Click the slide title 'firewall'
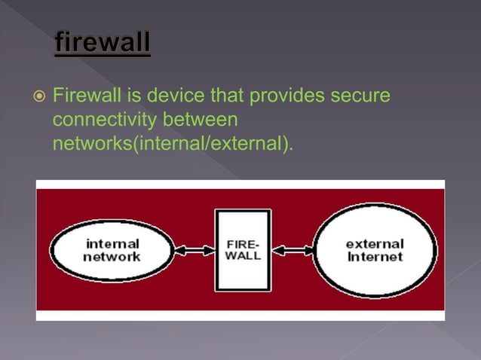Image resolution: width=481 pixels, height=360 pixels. (102, 41)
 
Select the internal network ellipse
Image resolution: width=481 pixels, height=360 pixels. (112, 250)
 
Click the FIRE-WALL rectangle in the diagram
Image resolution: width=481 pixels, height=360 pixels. (243, 250)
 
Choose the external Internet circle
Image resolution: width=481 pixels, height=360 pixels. (375, 250)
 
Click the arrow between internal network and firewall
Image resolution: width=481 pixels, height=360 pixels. (195, 250)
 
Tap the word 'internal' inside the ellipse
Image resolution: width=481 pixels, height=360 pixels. (112, 244)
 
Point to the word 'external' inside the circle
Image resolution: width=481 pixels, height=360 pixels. (375, 244)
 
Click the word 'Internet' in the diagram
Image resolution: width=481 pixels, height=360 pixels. (375, 257)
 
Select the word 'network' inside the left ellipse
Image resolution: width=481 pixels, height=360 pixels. (112, 257)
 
